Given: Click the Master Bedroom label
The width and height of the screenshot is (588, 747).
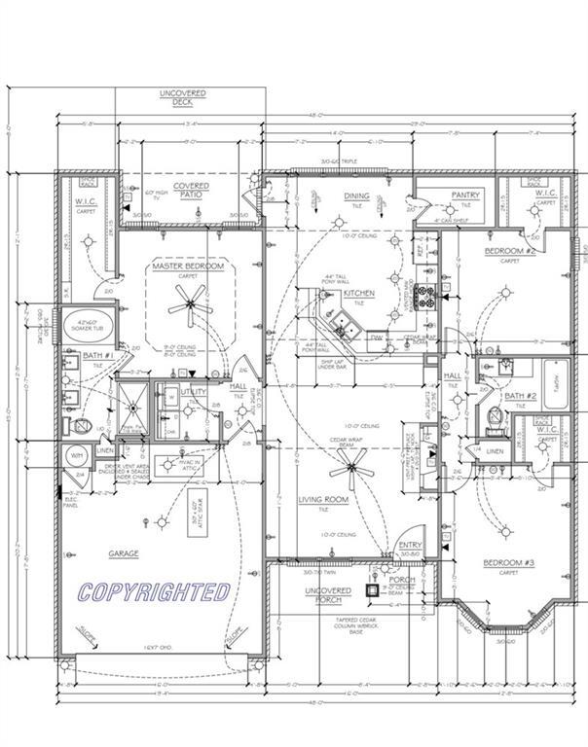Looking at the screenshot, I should (188, 266).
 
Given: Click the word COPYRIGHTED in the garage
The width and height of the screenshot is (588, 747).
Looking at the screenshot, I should (155, 591).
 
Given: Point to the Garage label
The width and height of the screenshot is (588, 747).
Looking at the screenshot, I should (124, 553).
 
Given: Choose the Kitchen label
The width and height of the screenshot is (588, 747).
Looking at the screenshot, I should (359, 293).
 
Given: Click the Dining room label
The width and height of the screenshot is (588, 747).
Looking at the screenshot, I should (356, 196).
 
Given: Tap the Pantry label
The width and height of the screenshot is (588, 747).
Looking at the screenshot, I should (465, 196).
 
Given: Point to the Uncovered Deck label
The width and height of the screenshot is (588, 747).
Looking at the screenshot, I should (183, 98).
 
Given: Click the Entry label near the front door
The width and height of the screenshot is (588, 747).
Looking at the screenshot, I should (411, 545).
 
